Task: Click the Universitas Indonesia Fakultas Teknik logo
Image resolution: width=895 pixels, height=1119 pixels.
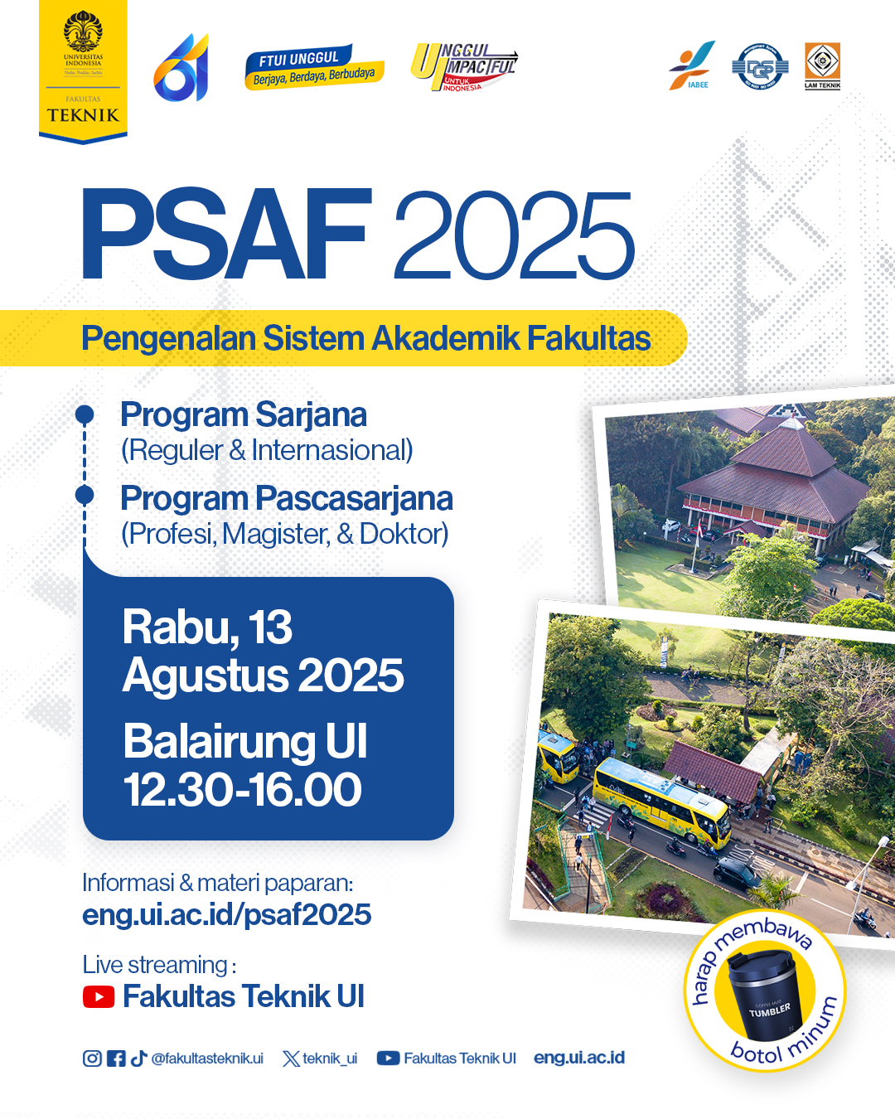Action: point(83,70)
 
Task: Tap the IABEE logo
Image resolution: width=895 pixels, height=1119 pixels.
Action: point(693,65)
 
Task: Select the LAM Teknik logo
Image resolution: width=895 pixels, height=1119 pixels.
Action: point(822,65)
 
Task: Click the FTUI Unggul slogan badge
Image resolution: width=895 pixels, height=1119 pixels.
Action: point(314,67)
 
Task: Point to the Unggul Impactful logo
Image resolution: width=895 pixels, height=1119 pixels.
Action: point(465,66)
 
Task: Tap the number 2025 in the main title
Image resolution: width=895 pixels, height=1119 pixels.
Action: point(513,237)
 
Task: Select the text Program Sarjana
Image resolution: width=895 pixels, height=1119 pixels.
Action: point(244,414)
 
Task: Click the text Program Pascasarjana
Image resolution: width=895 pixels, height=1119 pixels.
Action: point(287,498)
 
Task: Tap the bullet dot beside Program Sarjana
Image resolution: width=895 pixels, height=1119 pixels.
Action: point(85,414)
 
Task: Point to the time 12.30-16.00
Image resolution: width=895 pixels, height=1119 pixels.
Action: point(243,789)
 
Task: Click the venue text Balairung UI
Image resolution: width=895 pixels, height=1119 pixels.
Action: point(245,741)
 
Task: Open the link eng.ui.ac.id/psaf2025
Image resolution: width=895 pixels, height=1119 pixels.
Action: point(226,914)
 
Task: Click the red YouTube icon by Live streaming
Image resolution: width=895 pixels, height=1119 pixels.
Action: point(99,996)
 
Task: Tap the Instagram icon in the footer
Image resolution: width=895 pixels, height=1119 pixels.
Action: point(92,1058)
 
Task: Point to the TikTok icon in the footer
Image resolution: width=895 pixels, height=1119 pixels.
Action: point(138,1058)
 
